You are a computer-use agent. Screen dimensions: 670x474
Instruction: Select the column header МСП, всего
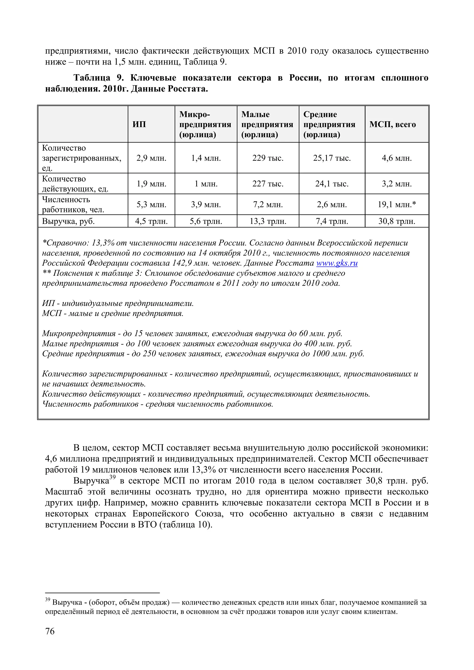(x=393, y=125)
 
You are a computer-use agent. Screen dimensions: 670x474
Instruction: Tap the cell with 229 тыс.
(x=268, y=158)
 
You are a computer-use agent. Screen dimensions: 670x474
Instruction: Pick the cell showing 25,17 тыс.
(x=332, y=158)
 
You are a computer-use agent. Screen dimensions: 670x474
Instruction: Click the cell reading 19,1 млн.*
(x=397, y=205)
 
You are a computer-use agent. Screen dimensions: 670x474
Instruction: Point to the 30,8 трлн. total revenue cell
(x=397, y=221)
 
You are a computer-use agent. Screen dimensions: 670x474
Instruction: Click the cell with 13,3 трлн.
(x=268, y=221)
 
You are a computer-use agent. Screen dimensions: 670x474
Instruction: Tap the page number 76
(x=50, y=631)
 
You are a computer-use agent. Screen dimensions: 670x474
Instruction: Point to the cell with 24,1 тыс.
(x=332, y=184)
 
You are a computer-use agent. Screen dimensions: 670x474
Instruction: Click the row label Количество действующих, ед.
(x=75, y=184)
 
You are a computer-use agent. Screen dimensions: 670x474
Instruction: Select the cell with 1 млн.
(x=206, y=184)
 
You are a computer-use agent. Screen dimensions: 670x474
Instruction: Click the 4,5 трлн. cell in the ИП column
(x=151, y=221)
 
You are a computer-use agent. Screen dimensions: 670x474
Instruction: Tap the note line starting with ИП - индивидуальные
(x=118, y=304)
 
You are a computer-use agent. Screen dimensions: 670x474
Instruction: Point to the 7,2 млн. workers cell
(x=268, y=205)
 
